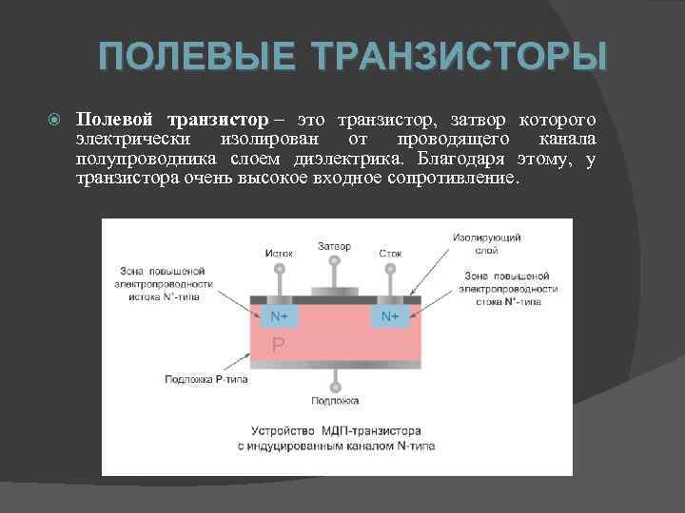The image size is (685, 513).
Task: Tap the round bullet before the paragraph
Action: [54, 121]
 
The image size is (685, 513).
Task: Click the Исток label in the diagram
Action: [279, 254]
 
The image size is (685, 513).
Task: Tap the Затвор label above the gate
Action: [334, 247]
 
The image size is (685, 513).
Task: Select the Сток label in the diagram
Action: [389, 254]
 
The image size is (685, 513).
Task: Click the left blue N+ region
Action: [279, 315]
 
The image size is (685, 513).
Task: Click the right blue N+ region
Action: [390, 315]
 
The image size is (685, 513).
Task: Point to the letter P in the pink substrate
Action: [279, 345]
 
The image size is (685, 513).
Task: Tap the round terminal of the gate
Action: [334, 262]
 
